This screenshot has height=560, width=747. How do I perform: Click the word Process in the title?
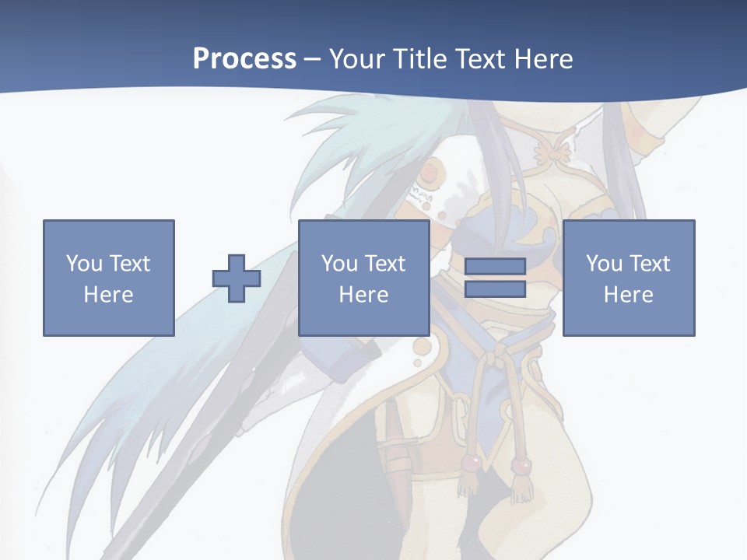click(x=244, y=59)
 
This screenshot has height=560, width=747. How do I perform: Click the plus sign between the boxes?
click(x=237, y=278)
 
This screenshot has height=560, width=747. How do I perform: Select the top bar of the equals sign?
click(x=495, y=267)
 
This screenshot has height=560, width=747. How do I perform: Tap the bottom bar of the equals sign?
click(x=495, y=289)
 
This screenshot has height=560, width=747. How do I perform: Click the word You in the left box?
click(x=83, y=264)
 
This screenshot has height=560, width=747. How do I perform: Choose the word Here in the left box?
click(x=108, y=295)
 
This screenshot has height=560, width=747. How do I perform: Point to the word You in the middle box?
click(x=338, y=264)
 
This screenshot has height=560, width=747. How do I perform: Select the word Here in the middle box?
click(x=363, y=295)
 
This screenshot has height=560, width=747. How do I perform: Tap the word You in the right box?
click(x=603, y=264)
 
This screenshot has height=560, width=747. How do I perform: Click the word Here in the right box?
click(x=628, y=295)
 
